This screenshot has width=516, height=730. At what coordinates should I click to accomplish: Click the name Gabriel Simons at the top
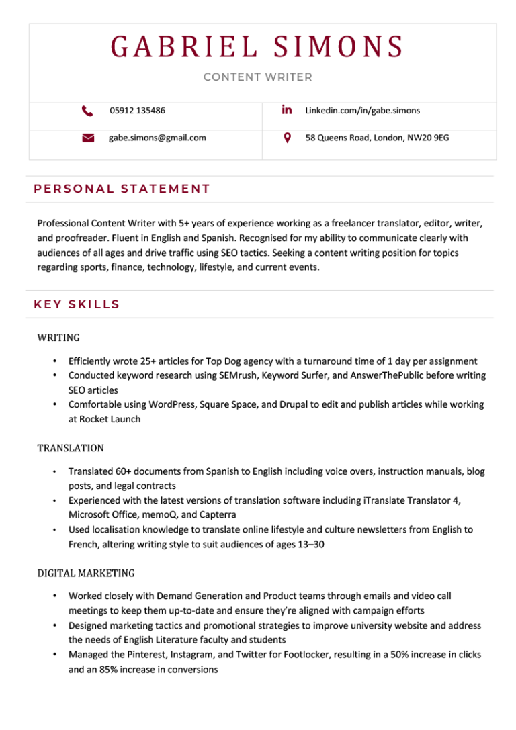257,47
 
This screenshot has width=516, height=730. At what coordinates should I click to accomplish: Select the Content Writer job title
257,77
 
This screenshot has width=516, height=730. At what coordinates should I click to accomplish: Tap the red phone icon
87,110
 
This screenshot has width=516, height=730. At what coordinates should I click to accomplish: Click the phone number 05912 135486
137,110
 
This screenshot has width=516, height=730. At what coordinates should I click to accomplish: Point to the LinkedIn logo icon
287,109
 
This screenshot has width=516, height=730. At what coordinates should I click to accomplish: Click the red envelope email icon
87,138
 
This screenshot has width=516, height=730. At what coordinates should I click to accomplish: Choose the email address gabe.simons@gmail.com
157,138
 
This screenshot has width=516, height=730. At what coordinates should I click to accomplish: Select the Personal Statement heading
122,189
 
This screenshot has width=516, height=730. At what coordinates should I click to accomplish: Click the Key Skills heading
77,304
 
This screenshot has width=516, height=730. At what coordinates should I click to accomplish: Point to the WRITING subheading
58,337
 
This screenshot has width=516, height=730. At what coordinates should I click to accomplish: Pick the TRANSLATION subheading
71,447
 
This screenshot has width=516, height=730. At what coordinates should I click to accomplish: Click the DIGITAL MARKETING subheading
86,573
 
